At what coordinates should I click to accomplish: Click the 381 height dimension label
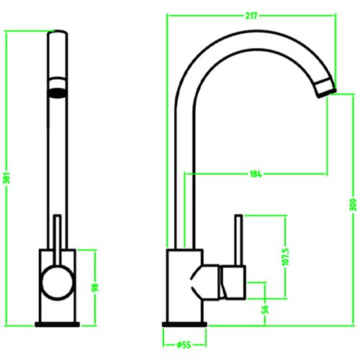pyautogui.click(x=7, y=178)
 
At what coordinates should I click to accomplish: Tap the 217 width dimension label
pyautogui.click(x=251, y=16)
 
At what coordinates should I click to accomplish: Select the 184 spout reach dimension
pyautogui.click(x=256, y=174)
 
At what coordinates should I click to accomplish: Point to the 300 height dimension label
pyautogui.click(x=353, y=204)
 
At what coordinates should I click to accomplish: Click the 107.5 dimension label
pyautogui.click(x=285, y=257)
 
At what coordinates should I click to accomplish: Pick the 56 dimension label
pyautogui.click(x=265, y=310)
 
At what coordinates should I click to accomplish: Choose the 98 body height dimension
pyautogui.click(x=95, y=287)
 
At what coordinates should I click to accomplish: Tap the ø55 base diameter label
pyautogui.click(x=184, y=345)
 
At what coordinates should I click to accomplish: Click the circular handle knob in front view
pyautogui.click(x=58, y=282)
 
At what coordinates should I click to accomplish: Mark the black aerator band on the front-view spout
pyautogui.click(x=58, y=94)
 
